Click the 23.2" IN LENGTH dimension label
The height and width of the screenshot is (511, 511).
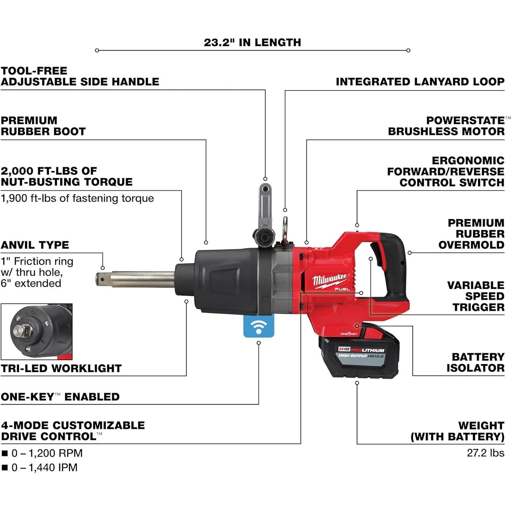pyautogui.click(x=252, y=43)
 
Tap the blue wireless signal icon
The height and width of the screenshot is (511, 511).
pyautogui.click(x=259, y=326)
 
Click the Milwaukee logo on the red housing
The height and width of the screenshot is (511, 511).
pyautogui.click(x=329, y=281)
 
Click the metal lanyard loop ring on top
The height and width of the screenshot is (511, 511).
pyautogui.click(x=284, y=228)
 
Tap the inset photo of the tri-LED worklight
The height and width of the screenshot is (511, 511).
pyautogui.click(x=37, y=332)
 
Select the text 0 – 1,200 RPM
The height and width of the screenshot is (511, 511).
pyautogui.click(x=47, y=453)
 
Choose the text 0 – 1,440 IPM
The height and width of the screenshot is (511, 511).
pyautogui.click(x=44, y=467)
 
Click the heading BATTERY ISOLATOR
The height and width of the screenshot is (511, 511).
pyautogui.click(x=475, y=362)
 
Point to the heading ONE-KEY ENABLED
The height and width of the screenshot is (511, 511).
pyautogui.click(x=60, y=397)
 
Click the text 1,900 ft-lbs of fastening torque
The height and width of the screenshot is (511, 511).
pyautogui.click(x=77, y=198)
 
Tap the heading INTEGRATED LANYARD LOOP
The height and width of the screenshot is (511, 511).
pyautogui.click(x=420, y=82)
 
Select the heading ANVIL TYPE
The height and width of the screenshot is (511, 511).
pyautogui.click(x=35, y=245)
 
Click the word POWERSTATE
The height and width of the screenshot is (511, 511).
pyautogui.click(x=465, y=120)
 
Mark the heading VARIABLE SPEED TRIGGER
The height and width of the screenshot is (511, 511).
pyautogui.click(x=476, y=296)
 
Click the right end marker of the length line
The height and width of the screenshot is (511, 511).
pyautogui.click(x=408, y=50)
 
